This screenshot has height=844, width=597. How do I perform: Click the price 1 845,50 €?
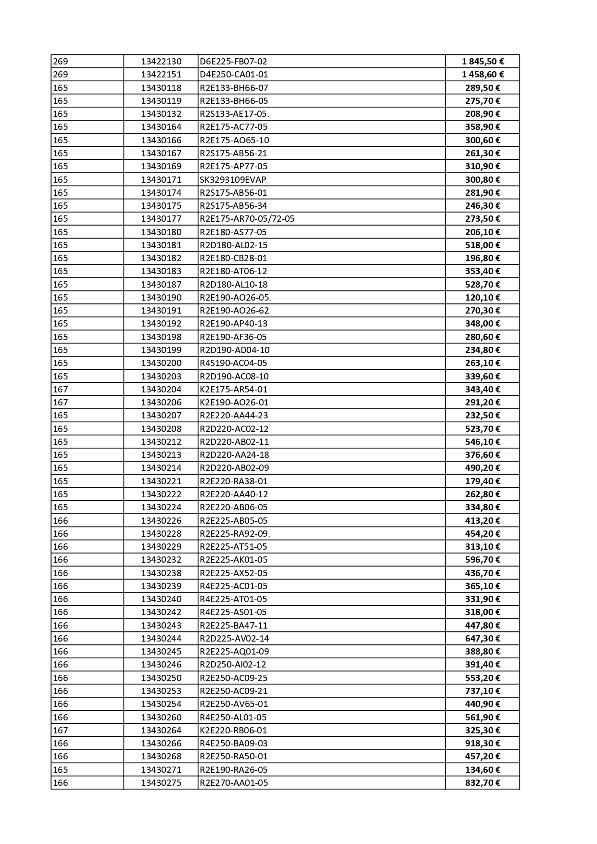click(x=483, y=62)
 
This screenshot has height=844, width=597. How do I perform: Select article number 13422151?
click(x=161, y=75)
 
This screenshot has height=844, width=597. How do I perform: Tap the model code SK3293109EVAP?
click(x=233, y=179)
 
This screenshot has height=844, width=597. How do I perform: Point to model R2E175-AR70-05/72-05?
click(x=247, y=219)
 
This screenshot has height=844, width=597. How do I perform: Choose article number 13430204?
click(x=161, y=390)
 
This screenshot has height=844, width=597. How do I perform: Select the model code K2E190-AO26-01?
click(x=234, y=403)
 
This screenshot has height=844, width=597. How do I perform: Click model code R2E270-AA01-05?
click(x=234, y=783)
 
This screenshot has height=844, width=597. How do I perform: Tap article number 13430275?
click(x=161, y=783)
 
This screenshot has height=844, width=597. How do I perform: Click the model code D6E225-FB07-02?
click(x=233, y=62)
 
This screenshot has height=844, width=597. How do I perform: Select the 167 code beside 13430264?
click(x=61, y=731)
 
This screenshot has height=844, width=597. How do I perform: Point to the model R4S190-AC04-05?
click(x=233, y=363)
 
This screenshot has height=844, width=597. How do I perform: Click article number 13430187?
click(x=161, y=285)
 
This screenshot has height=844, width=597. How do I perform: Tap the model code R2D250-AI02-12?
click(x=233, y=665)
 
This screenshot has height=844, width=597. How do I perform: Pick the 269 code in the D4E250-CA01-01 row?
click(x=61, y=75)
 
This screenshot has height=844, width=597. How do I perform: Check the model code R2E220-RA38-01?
click(x=233, y=481)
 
